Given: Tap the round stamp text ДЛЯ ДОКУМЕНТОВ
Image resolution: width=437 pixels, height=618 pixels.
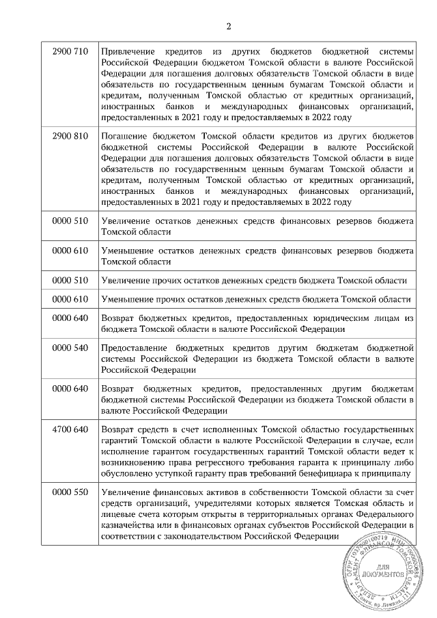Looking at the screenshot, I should click(x=380, y=571).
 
